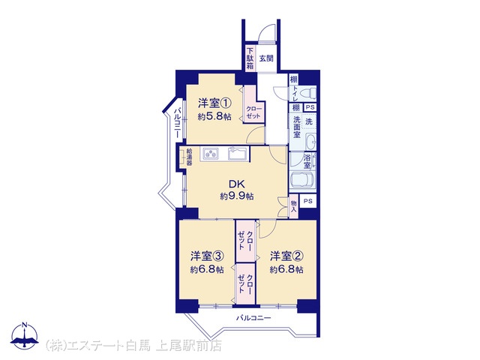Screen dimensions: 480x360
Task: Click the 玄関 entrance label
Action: [x=266, y=58]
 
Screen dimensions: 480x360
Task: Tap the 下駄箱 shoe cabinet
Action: [x=250, y=58]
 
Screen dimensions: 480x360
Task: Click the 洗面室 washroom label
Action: [x=296, y=127]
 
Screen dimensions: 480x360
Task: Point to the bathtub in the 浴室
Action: [x=302, y=180]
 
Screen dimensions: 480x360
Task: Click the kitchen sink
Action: [x=238, y=153]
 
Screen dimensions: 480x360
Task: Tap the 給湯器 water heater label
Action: [x=190, y=157]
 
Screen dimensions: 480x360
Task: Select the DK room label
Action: [x=237, y=184]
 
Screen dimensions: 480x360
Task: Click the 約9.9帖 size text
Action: [x=237, y=196]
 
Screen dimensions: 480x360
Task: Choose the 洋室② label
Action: [x=286, y=256]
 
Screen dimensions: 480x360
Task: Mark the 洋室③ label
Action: [x=207, y=256]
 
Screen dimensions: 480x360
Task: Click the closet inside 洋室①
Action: [x=253, y=104]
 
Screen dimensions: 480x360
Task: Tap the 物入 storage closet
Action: [x=293, y=207]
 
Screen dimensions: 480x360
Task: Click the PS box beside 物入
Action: [x=308, y=201]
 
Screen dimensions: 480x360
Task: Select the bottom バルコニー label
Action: [x=253, y=318]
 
